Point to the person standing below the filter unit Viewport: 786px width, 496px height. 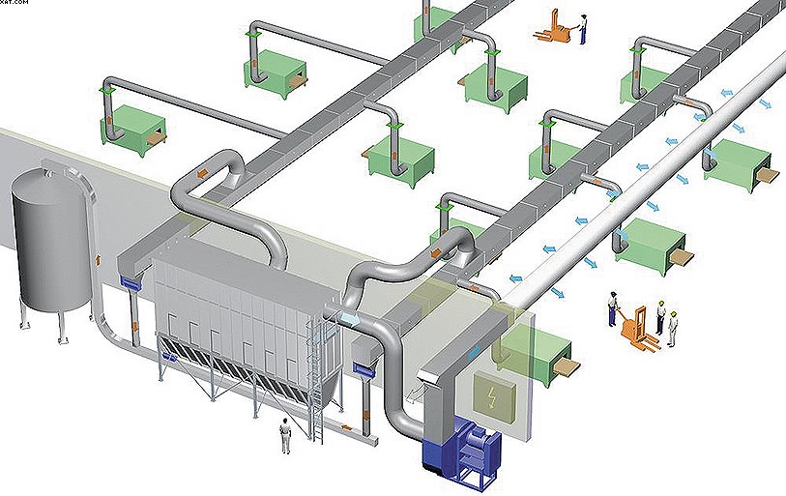pos(285,435)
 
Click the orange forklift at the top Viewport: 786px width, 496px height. pos(554,26)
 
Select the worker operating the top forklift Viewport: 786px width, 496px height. pos(583,29)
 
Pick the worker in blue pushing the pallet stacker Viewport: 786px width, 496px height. pos(613,308)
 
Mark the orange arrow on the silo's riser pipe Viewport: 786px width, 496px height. pos(101,262)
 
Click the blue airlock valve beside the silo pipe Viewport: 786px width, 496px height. pos(129,281)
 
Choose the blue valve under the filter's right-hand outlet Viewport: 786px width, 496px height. pos(364,366)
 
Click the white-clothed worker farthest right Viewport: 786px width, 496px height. pos(672,326)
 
